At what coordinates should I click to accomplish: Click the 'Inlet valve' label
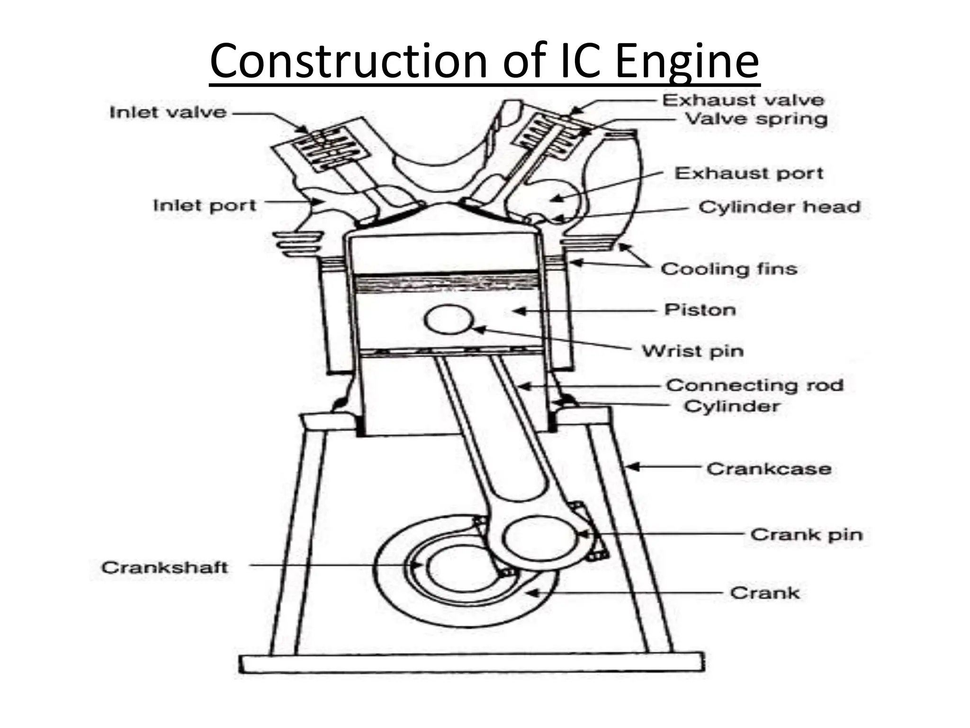pos(168,113)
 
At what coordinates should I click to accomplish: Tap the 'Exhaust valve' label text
pos(743,100)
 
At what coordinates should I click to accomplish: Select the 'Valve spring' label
pos(756,119)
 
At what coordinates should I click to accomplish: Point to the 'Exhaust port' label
pos(749,173)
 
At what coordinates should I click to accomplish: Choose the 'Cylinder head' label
pos(779,207)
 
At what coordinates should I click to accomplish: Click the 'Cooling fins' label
pos(729,269)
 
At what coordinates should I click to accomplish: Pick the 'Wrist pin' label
pos(692,351)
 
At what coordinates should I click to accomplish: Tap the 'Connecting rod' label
pos(755,385)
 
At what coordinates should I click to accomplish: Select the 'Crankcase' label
pos(769,469)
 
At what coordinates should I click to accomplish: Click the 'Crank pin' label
pos(806,535)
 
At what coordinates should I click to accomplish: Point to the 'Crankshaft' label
pos(164,567)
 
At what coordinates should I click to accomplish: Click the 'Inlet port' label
pos(205,206)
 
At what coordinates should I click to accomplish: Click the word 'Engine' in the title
pos(687,62)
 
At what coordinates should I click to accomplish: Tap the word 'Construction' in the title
pos(348,62)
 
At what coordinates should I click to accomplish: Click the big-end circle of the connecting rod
pos(540,537)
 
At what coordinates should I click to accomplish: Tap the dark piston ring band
pos(448,283)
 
